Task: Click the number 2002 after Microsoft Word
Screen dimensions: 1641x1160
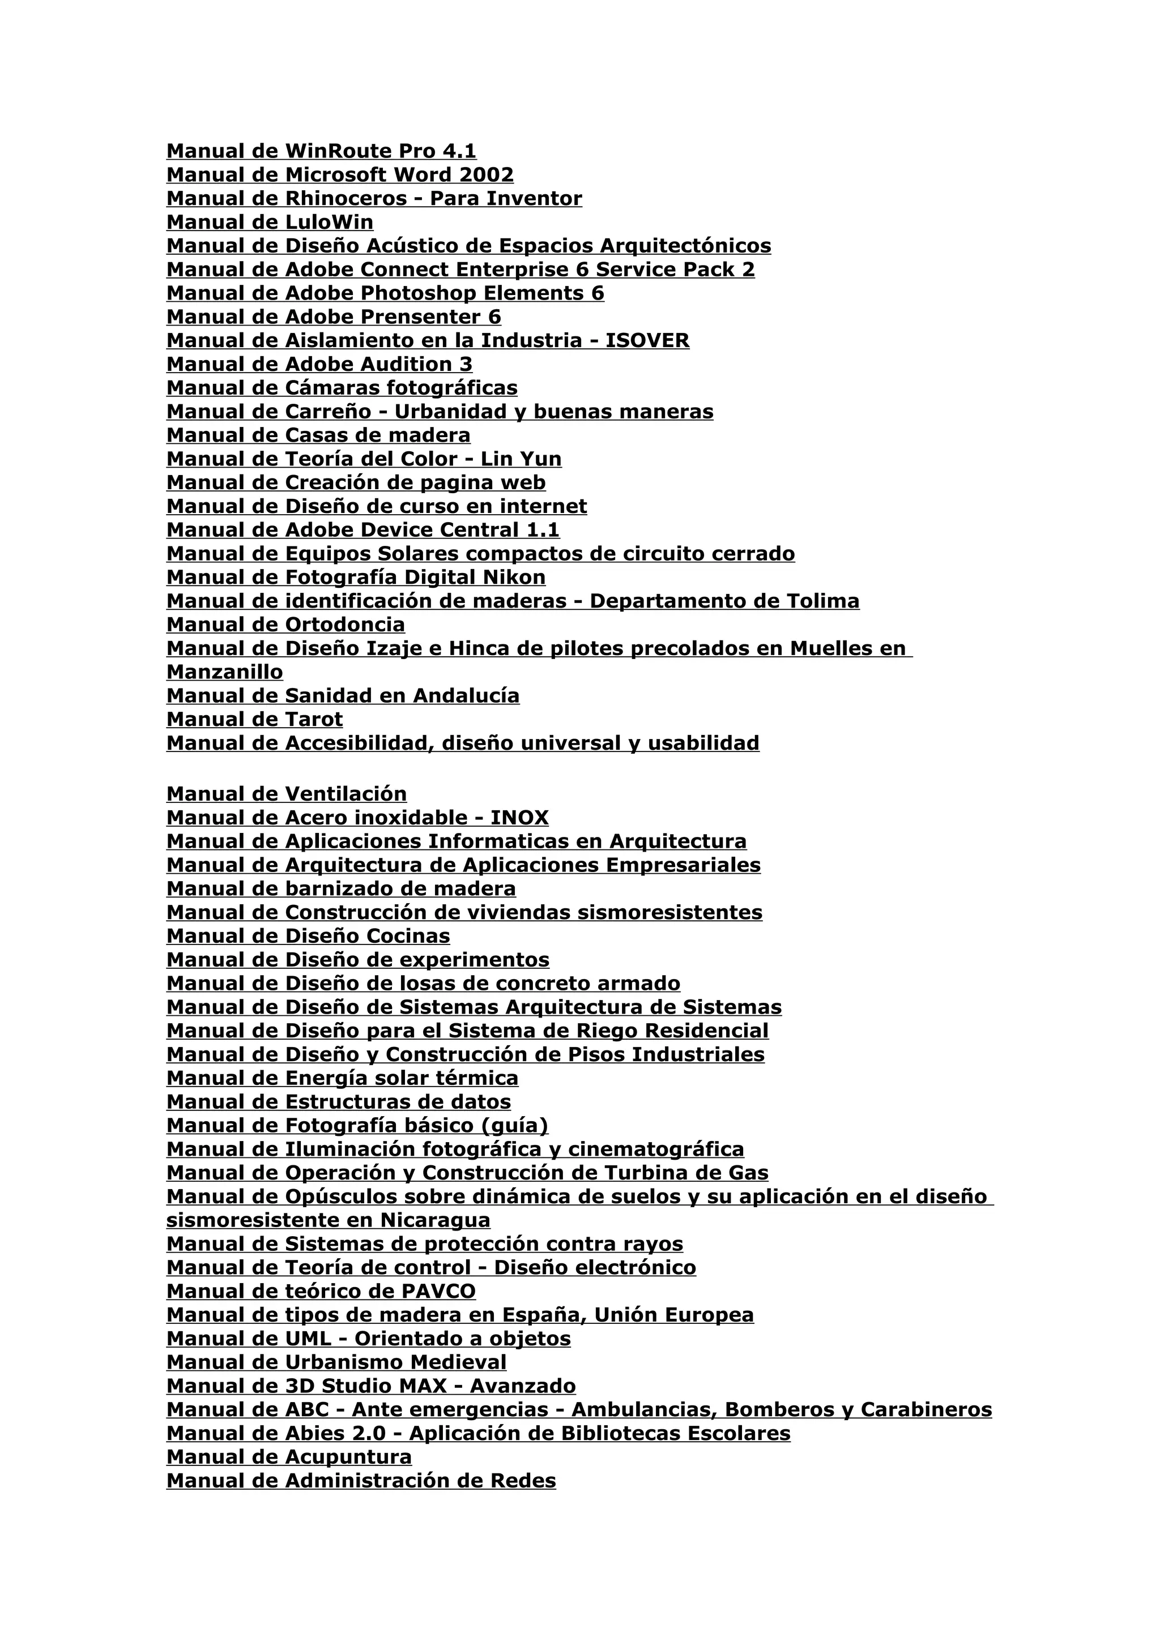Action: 486,174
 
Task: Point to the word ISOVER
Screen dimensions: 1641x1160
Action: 647,340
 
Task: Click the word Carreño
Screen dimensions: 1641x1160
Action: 328,412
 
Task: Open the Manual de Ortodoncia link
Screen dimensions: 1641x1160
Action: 285,625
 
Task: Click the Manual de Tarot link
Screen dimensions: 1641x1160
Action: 254,719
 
